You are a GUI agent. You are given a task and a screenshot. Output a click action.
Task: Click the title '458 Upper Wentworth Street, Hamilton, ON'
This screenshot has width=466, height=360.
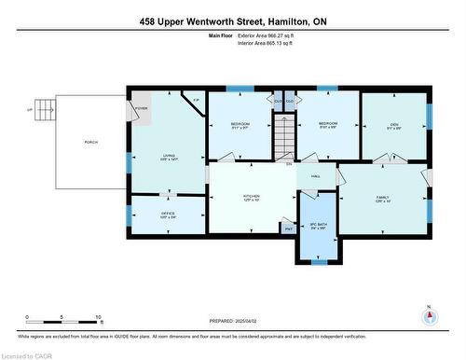point(232,21)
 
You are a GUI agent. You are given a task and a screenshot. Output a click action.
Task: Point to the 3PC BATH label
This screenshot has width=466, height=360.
point(319,225)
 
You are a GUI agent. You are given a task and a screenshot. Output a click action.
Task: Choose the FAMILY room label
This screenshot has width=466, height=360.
point(382,197)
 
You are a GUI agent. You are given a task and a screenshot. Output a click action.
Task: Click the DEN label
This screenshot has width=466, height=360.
point(394,126)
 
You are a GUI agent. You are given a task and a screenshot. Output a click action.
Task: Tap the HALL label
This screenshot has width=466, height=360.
point(316,176)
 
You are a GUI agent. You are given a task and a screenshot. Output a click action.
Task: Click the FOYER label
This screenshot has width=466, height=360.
point(141,108)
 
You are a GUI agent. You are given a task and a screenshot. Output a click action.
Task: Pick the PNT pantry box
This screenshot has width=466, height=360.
point(288,227)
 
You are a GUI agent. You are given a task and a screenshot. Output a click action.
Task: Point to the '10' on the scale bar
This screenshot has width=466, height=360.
point(97,317)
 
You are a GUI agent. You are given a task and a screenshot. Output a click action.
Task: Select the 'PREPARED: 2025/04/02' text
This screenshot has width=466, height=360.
point(233,321)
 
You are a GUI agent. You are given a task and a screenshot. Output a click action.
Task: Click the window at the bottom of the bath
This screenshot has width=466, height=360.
point(319,262)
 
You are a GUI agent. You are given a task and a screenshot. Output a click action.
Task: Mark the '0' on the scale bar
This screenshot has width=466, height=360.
point(27,317)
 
